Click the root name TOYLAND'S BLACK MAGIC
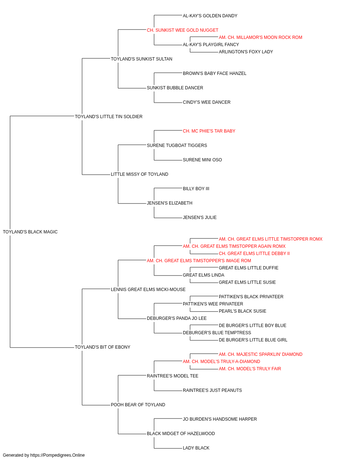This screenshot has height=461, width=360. pos(30,232)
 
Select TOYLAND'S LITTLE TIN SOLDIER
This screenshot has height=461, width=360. pos(109,117)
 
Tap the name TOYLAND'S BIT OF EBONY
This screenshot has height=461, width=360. pos(102,347)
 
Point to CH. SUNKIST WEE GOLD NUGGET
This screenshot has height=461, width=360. pos(183,30)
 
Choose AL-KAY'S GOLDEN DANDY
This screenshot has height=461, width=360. pos(210,16)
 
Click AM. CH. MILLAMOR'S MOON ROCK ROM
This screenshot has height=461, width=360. pos(260,37)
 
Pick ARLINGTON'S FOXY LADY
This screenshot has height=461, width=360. pos(246,52)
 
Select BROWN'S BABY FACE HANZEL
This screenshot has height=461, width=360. pos(215,73)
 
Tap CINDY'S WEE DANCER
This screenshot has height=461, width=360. pos(207,102)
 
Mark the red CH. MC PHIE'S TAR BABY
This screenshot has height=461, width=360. pos(209,131)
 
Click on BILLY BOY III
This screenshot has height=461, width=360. pos(196,189)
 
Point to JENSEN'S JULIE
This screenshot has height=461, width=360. pos(199,218)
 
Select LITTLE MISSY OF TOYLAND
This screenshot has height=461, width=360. pos(140,174)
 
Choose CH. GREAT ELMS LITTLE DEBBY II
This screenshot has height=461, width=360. pos(254,254)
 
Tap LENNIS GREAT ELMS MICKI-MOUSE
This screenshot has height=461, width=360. pos(148,290)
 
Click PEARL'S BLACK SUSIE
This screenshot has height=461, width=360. pos(242,311)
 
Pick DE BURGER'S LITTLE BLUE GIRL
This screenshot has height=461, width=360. pos(253,340)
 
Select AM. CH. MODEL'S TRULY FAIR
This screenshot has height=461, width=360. pos(250,369)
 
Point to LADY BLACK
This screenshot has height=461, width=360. pos(196,448)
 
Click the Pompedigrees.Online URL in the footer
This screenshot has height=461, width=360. pos(57,455)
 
